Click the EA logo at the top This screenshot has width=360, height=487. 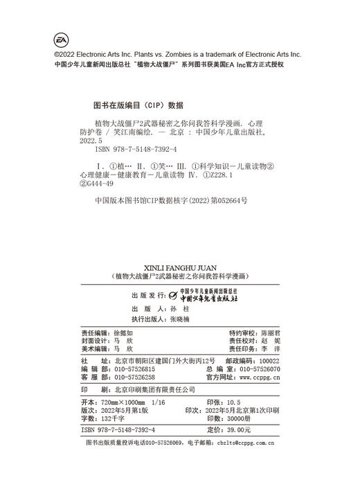(63, 40)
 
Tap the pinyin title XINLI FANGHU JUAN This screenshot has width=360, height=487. (179, 265)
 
